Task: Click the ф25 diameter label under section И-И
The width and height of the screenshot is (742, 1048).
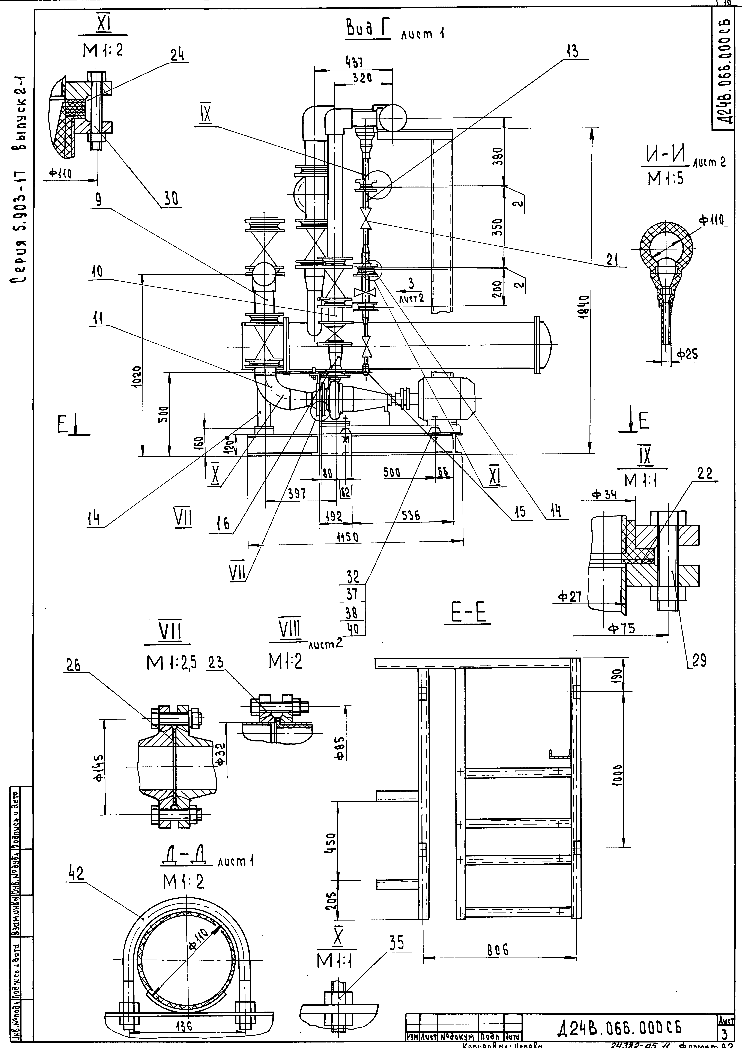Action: [x=687, y=354]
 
